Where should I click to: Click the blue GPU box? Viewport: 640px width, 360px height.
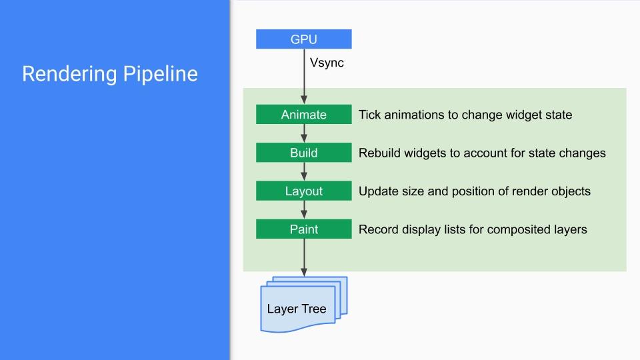click(x=304, y=39)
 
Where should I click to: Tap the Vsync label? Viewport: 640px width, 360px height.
click(x=327, y=63)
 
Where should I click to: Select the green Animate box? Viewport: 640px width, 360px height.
click(x=304, y=114)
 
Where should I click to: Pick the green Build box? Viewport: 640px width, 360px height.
click(x=304, y=153)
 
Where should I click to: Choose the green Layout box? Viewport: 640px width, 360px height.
click(x=304, y=191)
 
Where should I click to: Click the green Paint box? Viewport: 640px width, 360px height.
click(x=304, y=229)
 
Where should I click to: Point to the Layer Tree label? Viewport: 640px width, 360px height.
click(x=297, y=309)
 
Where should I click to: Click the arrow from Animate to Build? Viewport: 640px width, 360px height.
click(x=304, y=133)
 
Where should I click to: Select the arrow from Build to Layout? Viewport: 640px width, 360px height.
click(x=304, y=171)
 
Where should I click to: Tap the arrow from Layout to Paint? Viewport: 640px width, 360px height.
click(x=304, y=210)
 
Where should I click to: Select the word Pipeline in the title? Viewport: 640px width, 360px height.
click(x=161, y=74)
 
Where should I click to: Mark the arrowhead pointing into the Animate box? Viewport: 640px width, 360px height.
click(x=304, y=100)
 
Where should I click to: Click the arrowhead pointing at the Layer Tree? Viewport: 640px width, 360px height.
click(x=304, y=272)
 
